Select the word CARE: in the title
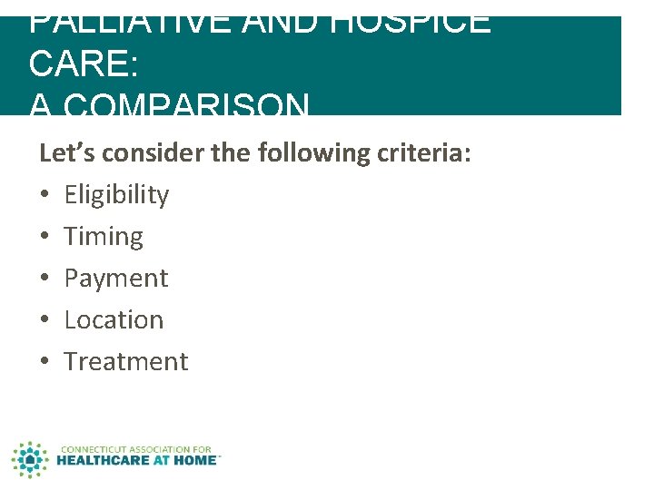83,64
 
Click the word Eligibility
116,195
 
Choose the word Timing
104,237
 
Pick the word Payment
116,279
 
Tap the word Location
114,320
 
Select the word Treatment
126,362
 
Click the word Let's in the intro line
67,153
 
